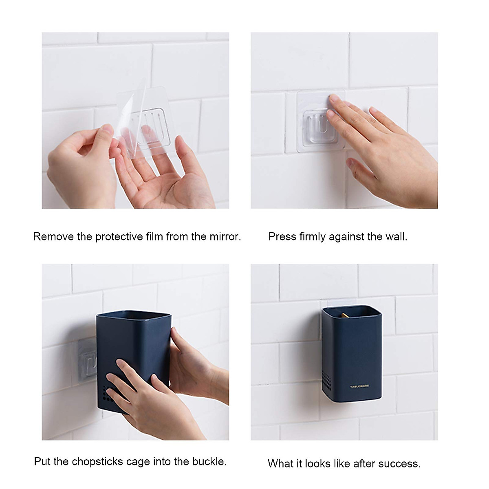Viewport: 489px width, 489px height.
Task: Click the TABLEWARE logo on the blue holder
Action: pos(359,386)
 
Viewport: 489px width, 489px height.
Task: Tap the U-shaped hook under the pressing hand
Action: pos(316,125)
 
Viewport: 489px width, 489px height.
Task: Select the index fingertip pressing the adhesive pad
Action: pos(333,98)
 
